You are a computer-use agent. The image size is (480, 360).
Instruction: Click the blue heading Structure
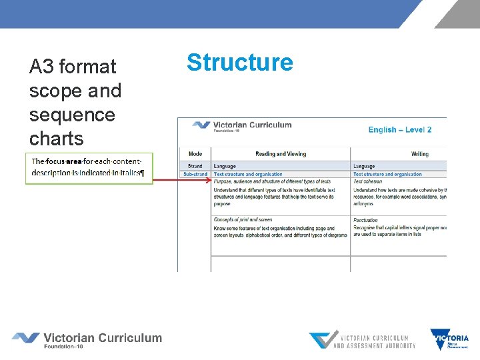tap(239, 63)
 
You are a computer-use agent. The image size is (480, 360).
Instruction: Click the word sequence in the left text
tap(72, 115)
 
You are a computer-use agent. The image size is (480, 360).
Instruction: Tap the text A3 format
tap(73, 67)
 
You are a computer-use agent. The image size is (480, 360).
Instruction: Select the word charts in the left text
tap(57, 139)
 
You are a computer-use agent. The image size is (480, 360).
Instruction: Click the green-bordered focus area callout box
tap(89, 168)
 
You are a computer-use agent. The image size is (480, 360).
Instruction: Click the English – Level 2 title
tap(399, 129)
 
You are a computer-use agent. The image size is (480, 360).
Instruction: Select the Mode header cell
tap(195, 154)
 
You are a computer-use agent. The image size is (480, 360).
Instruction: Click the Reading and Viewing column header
tap(281, 154)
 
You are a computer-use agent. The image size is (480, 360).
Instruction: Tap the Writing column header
tap(419, 154)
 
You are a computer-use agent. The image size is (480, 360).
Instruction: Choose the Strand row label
tap(195, 166)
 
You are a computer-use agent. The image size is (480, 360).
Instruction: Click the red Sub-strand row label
tap(195, 175)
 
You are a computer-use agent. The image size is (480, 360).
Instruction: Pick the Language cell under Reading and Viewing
tap(225, 166)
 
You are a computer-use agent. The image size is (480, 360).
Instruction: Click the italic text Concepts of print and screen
tap(243, 219)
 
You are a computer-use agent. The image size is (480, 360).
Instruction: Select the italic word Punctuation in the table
tap(365, 219)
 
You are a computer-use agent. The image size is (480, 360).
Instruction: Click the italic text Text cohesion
tap(367, 181)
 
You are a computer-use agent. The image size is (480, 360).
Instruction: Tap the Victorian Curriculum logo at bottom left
tap(87, 339)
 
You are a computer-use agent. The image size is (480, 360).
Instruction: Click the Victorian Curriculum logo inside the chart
tap(241, 126)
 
